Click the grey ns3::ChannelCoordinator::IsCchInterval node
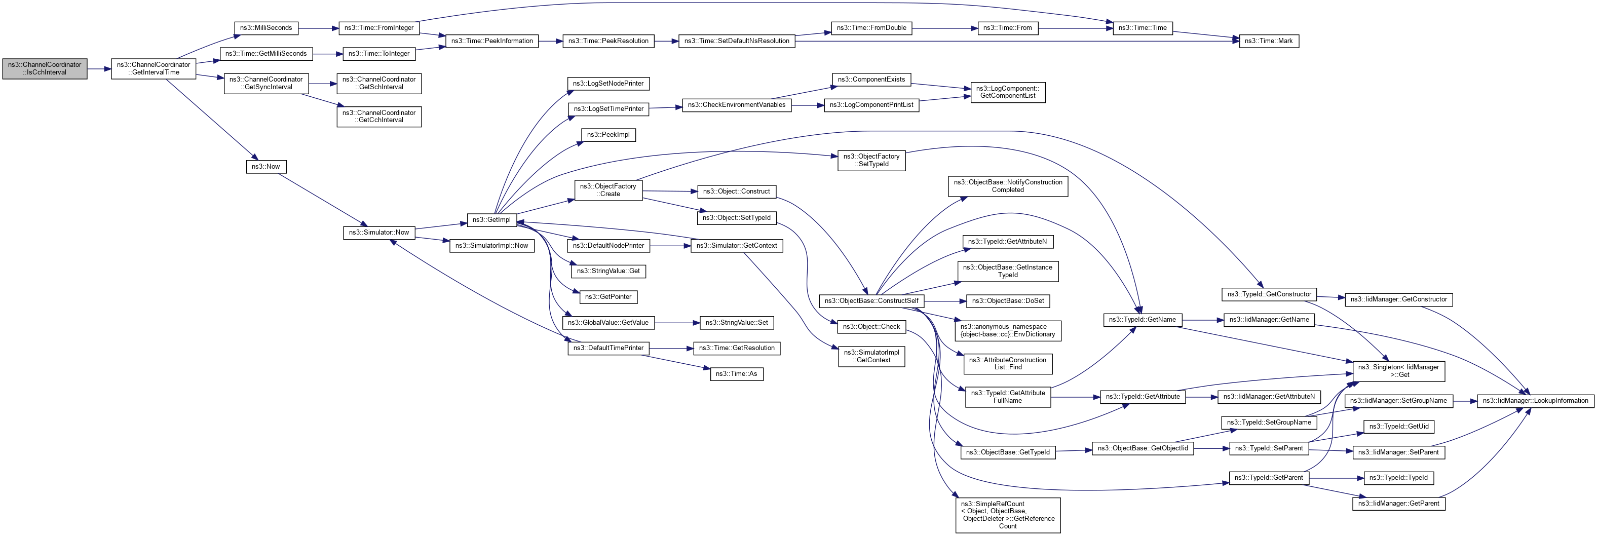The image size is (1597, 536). click(45, 69)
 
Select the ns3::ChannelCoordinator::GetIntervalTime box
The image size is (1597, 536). click(153, 69)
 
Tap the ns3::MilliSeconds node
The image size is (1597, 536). click(266, 28)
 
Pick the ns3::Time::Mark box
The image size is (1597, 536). click(1268, 41)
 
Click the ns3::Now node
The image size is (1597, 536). click(265, 167)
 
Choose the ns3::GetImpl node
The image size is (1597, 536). click(491, 219)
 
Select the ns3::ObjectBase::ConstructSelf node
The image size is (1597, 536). click(871, 301)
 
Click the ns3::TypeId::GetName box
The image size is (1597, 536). click(1142, 320)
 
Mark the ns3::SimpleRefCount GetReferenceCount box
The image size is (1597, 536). click(1007, 515)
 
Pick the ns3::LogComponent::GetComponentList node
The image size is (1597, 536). click(1007, 92)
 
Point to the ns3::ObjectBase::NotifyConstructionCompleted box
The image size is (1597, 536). click(1007, 186)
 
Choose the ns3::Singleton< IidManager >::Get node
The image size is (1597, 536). click(1398, 371)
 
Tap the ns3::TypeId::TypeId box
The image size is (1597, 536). click(1398, 478)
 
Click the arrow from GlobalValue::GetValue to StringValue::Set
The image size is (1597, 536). click(676, 323)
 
